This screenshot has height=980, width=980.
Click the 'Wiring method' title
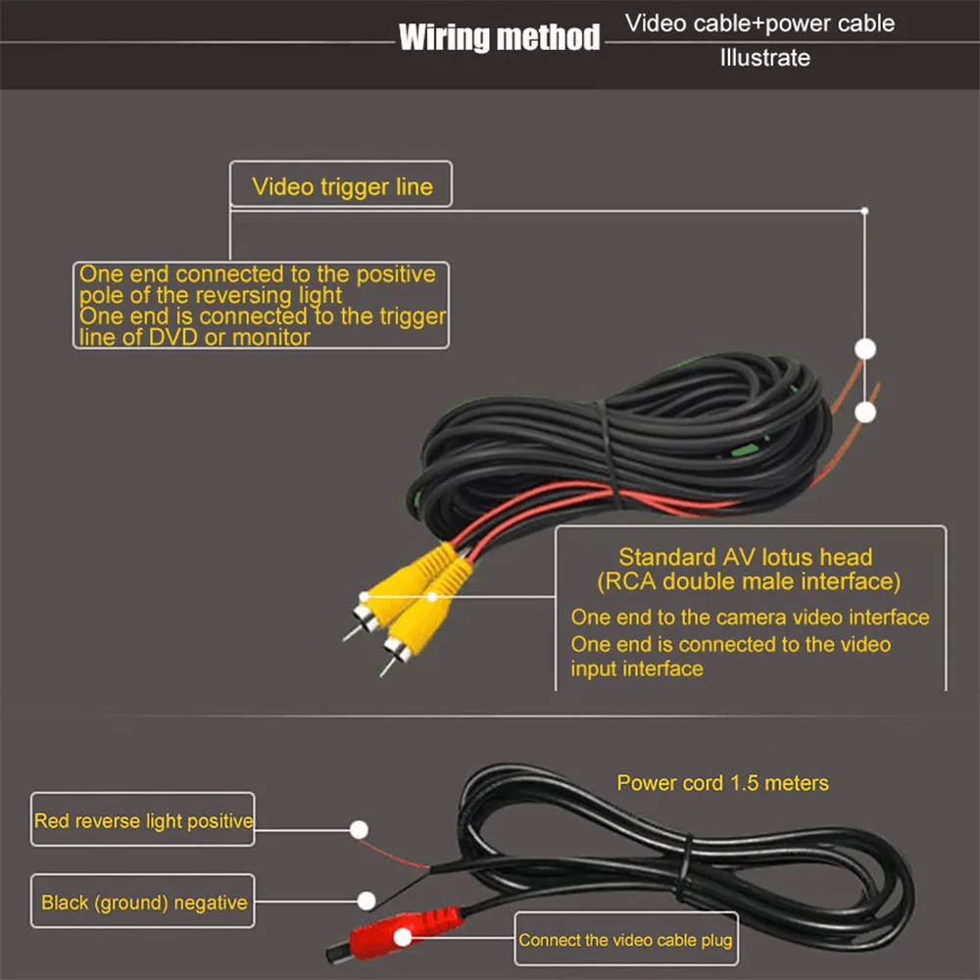coord(499,38)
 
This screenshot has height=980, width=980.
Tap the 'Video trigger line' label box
coord(341,185)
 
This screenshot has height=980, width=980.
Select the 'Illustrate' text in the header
coord(765,58)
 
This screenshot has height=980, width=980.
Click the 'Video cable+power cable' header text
coord(760,23)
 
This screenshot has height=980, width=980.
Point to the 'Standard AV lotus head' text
coord(745,558)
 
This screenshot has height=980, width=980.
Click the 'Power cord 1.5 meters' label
coord(722,783)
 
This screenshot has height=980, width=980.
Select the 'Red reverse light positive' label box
coord(143,820)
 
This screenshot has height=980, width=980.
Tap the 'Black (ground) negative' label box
coord(143,902)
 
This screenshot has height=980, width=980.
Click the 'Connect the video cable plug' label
coord(625,940)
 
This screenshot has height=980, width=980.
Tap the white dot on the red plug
coord(402,938)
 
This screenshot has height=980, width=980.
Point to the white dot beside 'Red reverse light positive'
coord(360,828)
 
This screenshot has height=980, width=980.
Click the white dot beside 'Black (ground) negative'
coord(367,899)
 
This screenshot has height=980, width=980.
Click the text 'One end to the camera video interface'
coord(750,617)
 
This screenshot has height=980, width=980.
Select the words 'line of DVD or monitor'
coord(194,337)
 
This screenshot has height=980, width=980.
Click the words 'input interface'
coord(637,668)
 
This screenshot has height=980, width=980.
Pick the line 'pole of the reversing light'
coord(211,295)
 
